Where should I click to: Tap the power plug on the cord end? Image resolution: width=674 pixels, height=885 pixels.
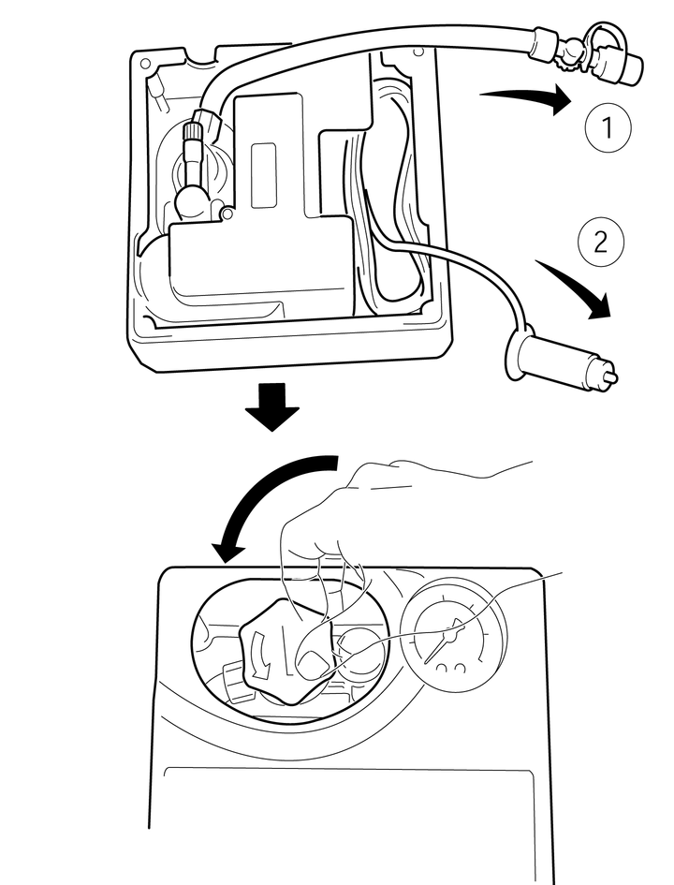(x=552, y=360)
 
